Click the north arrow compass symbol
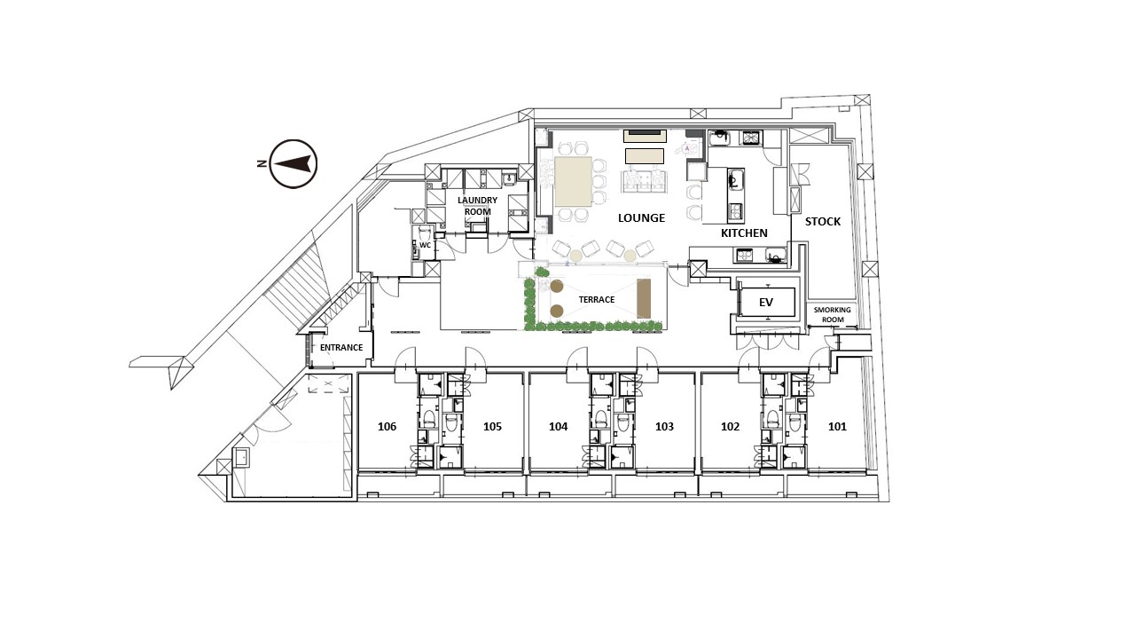tap(294, 164)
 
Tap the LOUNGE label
tap(641, 218)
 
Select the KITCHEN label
tap(744, 233)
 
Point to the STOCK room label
tap(822, 222)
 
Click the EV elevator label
tap(765, 303)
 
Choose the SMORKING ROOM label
tap(833, 314)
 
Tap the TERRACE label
tap(597, 300)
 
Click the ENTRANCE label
tap(341, 347)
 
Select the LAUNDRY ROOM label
tap(477, 206)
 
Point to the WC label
tap(425, 246)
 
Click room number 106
tap(387, 427)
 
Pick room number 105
tap(492, 427)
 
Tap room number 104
tap(558, 427)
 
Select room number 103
tap(664, 427)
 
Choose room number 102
tap(730, 427)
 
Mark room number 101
tap(837, 427)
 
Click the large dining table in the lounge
tap(573, 182)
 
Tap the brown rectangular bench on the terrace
tap(644, 299)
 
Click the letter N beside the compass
tap(262, 163)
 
